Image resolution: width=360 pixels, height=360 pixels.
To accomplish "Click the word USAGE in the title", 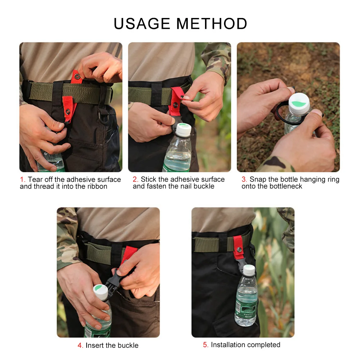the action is (142, 24).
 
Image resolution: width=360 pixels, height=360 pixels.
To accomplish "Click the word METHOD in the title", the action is (212, 24).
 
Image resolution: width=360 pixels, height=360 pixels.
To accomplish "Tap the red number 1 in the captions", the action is (22, 179).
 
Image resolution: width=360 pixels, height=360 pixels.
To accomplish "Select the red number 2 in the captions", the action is (135, 179).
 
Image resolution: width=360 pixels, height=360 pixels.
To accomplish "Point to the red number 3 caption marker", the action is (244, 179).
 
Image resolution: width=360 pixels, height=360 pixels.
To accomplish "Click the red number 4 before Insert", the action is (80, 345).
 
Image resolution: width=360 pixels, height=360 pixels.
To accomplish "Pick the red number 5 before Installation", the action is (205, 345).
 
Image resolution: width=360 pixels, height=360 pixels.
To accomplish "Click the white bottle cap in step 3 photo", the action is (299, 104).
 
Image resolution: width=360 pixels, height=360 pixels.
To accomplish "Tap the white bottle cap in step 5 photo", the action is (249, 270).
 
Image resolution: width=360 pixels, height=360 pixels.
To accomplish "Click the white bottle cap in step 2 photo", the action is (183, 129).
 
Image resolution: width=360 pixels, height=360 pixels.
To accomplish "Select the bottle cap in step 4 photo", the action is (101, 292).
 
